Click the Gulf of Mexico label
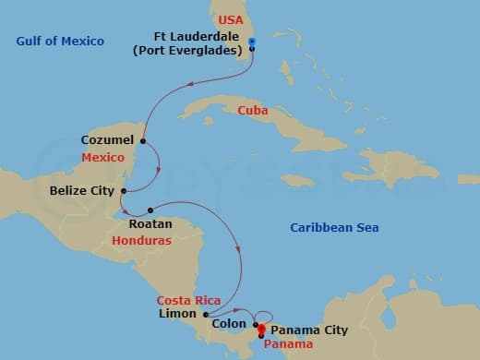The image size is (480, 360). coord(60,41)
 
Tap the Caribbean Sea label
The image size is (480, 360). coord(334,228)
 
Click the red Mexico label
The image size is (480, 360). coord(102,158)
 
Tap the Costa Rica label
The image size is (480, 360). coord(186,300)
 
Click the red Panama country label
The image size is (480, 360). coord(288,343)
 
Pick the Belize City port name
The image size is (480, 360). coord(81,191)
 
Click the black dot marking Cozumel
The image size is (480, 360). coord(143,140)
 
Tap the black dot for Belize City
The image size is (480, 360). coord(123,191)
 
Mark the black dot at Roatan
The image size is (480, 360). coord(150,210)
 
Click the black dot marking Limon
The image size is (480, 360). coord(205,314)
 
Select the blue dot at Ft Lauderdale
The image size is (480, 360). coord(251,41)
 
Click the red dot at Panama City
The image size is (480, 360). coord(261,329)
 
